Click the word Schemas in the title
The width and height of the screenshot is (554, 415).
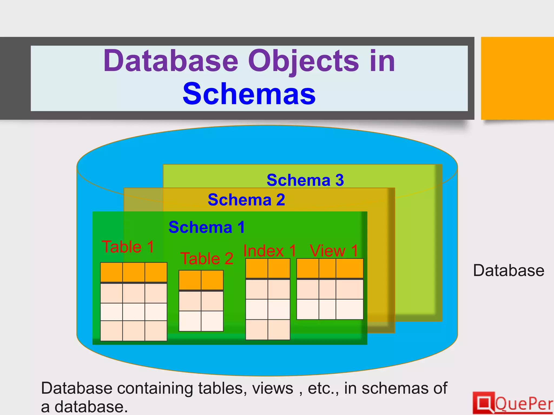[x=249, y=94]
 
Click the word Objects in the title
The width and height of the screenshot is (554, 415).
[x=304, y=62]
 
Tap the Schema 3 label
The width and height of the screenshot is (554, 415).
[x=305, y=180]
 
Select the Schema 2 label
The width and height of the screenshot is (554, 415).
[x=246, y=200]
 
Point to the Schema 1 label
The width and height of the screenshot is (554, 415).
[x=207, y=227]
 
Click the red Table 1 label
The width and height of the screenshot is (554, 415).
[x=128, y=247]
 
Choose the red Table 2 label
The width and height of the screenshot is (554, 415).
[x=207, y=259]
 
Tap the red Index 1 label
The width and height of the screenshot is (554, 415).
[x=270, y=251]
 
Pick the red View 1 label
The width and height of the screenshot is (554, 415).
[x=334, y=251]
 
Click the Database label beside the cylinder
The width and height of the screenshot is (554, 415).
[x=509, y=270]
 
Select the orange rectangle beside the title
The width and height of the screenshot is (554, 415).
[x=517, y=78]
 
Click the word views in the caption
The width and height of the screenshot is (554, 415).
[x=273, y=389]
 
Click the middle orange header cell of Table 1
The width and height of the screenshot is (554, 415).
[x=134, y=272]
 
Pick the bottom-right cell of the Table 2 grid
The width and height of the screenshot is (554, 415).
[x=212, y=321]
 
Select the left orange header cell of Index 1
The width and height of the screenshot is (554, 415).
[x=257, y=268]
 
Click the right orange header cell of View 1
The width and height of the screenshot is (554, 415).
[x=349, y=268]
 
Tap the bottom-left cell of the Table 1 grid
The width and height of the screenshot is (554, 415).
[x=111, y=331]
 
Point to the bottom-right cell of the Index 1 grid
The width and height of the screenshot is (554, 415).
[x=279, y=330]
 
